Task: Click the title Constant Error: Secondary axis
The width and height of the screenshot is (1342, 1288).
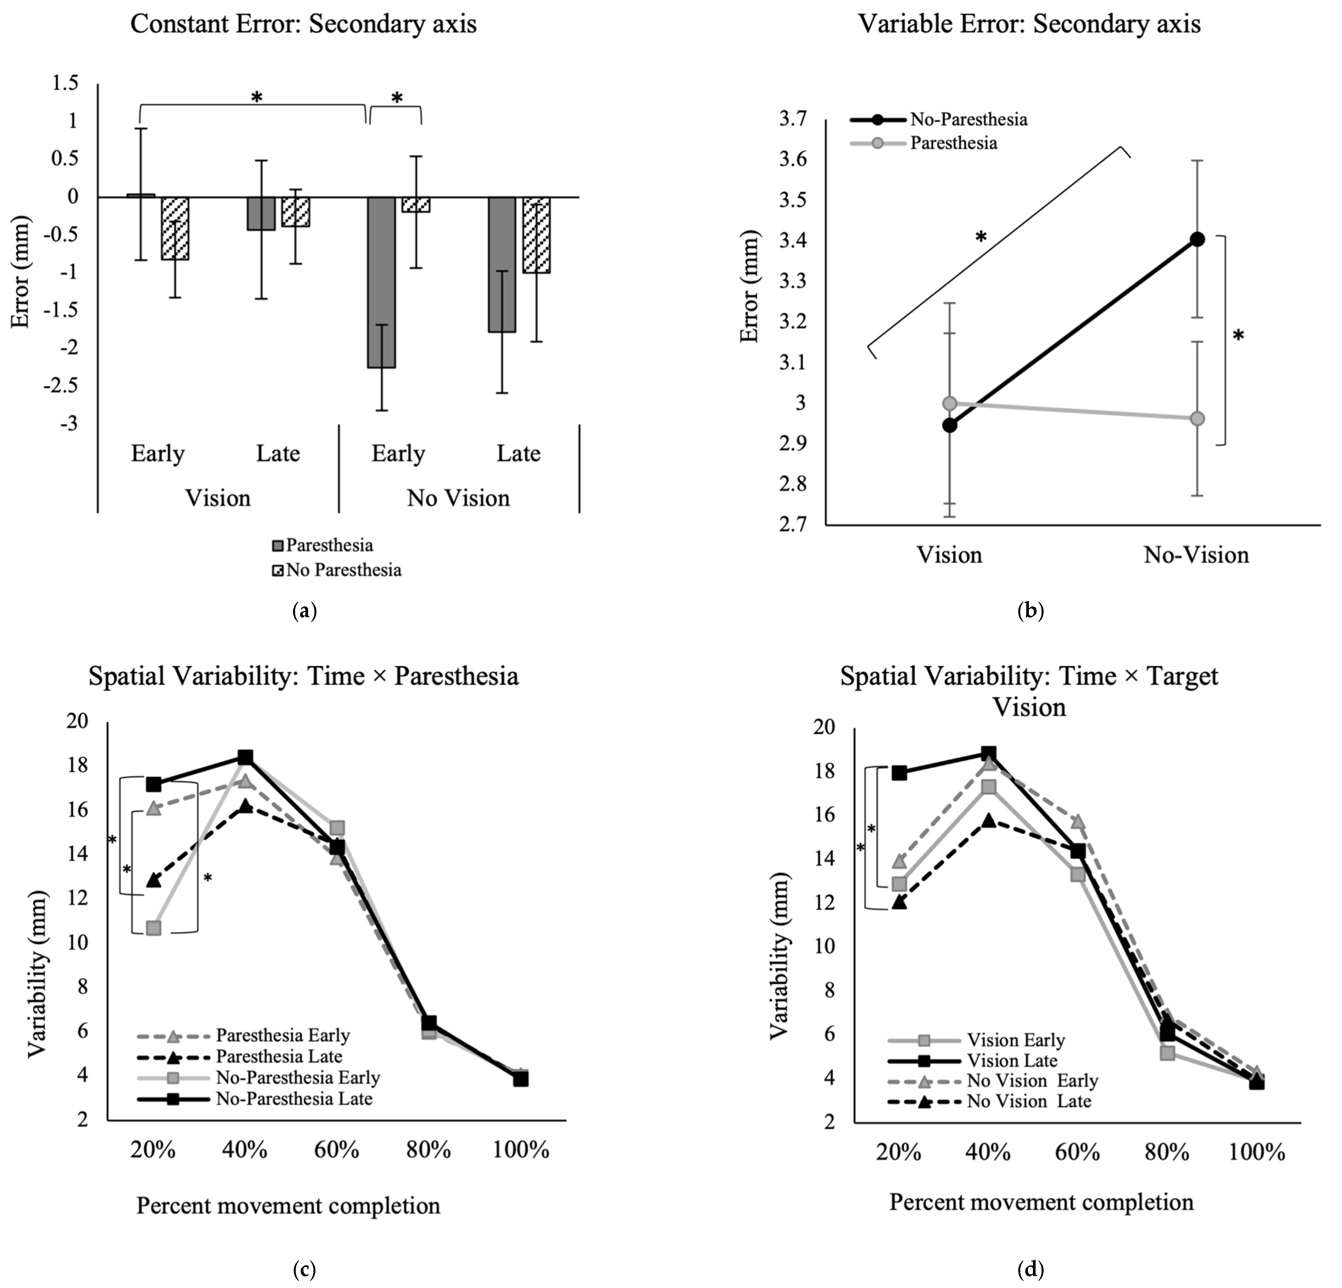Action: click(x=303, y=25)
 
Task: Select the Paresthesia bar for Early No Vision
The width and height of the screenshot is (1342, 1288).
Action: click(x=381, y=282)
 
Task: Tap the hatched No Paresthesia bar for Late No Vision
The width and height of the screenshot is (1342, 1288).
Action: click(x=536, y=235)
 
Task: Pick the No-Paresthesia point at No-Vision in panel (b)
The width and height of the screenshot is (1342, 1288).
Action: click(x=1197, y=239)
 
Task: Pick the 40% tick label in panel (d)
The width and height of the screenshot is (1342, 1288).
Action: click(x=988, y=1152)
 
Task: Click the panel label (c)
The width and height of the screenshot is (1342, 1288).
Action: click(x=304, y=1270)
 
